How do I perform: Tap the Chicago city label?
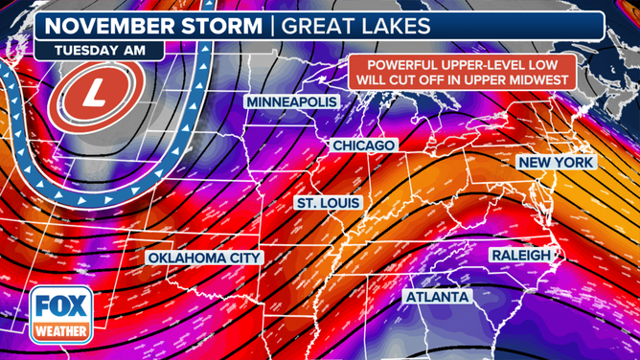[x=363, y=145]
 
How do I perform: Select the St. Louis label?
[x=328, y=204]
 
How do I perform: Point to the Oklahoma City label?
[x=202, y=259]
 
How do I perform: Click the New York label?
[x=556, y=163]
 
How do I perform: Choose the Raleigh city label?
[x=520, y=255]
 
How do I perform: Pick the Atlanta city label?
[x=437, y=298]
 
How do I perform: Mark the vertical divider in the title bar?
[x=272, y=22]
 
